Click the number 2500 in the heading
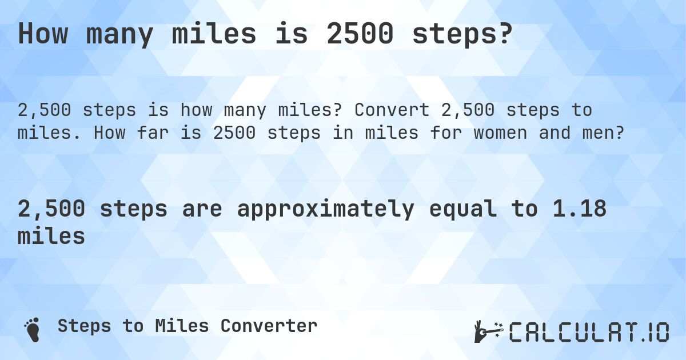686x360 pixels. point(359,34)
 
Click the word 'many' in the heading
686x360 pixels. point(119,34)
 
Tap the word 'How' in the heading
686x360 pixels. point(43,34)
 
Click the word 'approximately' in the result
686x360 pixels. point(326,209)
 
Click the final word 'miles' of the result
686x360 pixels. point(51,235)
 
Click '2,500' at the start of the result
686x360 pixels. point(51,209)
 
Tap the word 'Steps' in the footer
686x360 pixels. point(85,326)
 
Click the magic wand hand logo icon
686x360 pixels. point(488,331)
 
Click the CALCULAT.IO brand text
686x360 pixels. point(589,332)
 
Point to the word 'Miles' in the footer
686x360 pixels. point(182,326)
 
